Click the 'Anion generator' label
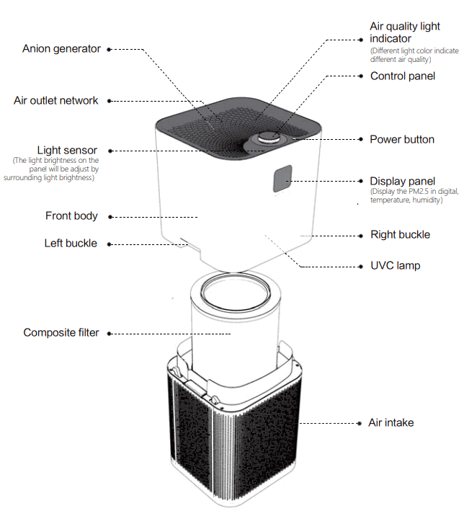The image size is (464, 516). pyautogui.click(x=62, y=49)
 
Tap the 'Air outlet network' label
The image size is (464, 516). pyautogui.click(x=56, y=100)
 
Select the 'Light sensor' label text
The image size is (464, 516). pyautogui.click(x=67, y=150)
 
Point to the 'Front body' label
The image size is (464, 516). pyautogui.click(x=71, y=215)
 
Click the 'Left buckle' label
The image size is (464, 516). pyautogui.click(x=71, y=243)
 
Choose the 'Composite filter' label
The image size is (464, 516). pyautogui.click(x=61, y=332)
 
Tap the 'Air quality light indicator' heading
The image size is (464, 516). pyautogui.click(x=404, y=32)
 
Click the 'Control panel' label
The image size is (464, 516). pyautogui.click(x=402, y=76)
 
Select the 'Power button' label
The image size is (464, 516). pyautogui.click(x=401, y=139)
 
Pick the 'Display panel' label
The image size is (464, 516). pyautogui.click(x=402, y=181)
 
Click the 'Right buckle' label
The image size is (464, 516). pyautogui.click(x=400, y=234)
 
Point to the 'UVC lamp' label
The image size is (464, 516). pyautogui.click(x=395, y=265)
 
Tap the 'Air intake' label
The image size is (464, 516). pyautogui.click(x=391, y=422)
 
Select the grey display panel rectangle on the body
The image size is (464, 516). pyautogui.click(x=282, y=179)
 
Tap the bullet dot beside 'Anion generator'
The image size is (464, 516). pyautogui.click(x=109, y=50)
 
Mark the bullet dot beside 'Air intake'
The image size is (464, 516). pyautogui.click(x=360, y=423)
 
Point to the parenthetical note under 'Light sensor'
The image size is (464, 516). pyautogui.click(x=55, y=169)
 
